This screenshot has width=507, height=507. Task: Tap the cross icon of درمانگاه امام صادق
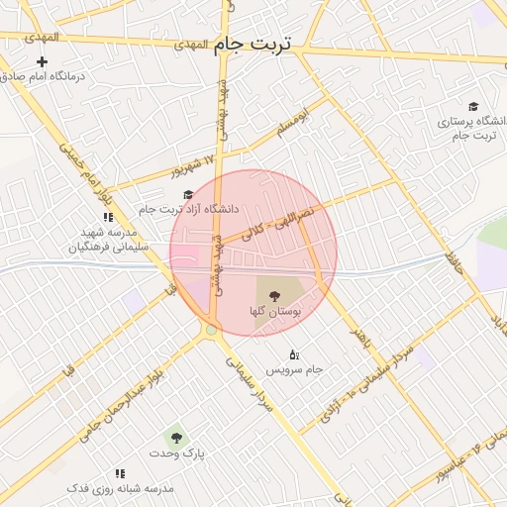[42, 61]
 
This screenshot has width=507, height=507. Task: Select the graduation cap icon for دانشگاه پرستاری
[472, 107]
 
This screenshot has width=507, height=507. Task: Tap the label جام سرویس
[294, 369]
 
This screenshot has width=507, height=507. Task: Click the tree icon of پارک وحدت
[176, 437]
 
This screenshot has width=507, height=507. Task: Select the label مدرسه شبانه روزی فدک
[120, 489]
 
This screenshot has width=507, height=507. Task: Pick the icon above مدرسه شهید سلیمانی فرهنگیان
[108, 217]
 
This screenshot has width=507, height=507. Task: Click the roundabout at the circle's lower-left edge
[210, 330]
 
